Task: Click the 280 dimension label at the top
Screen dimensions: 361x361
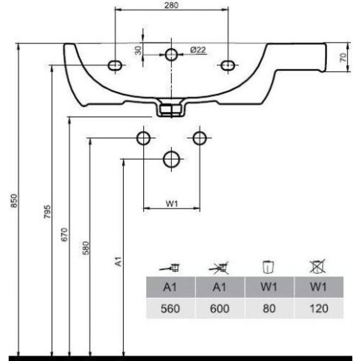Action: [171, 5]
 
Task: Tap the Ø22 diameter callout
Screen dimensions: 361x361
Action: [198, 50]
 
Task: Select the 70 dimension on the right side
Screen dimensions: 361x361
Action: [343, 57]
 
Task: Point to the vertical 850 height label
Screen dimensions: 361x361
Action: [14, 200]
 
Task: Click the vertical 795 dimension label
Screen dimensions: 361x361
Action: [47, 212]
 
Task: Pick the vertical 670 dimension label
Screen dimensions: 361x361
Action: [65, 234]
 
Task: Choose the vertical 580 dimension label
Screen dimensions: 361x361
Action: [86, 248]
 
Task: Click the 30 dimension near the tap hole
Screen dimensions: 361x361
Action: [138, 51]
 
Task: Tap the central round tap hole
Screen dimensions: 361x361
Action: [171, 55]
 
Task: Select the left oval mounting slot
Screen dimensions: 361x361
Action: [115, 65]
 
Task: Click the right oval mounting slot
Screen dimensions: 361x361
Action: [228, 65]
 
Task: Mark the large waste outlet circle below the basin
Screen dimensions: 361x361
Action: [171, 159]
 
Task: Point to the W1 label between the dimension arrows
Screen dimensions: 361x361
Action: [172, 204]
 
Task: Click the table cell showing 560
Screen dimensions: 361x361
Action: [170, 309]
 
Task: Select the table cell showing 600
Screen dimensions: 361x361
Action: [220, 309]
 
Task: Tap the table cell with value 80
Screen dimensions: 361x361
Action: [269, 309]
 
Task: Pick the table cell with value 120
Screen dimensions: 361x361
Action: [319, 309]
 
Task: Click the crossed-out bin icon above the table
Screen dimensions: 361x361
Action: [318, 266]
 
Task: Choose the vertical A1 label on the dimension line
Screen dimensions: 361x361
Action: [118, 261]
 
